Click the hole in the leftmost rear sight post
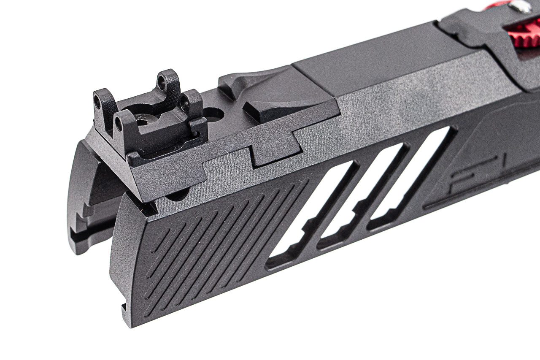(x=97, y=102)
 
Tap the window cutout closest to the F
(x=411, y=177)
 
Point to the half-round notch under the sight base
(x=177, y=195)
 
